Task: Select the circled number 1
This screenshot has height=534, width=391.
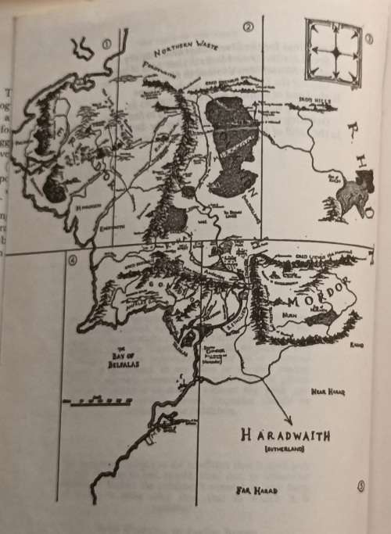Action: pos(107,44)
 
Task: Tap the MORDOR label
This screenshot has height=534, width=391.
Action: pos(317,301)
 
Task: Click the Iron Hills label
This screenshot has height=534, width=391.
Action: pos(314,102)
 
